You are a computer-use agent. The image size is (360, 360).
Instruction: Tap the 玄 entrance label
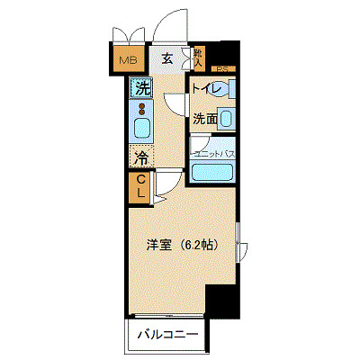click(168, 59)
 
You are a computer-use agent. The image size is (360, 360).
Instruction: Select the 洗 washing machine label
click(140, 88)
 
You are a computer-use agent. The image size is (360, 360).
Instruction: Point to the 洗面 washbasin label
click(204, 118)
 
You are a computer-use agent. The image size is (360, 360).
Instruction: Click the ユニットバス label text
click(215, 154)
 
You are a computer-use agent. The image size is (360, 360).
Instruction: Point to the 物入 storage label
click(198, 58)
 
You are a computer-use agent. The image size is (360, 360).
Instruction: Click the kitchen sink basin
click(141, 128)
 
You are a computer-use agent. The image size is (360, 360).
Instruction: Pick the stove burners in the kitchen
click(141, 110)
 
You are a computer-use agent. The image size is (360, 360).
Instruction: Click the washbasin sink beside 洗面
click(227, 118)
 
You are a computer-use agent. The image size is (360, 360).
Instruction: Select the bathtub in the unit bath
click(215, 171)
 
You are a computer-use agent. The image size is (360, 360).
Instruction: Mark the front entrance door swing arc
click(166, 27)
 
